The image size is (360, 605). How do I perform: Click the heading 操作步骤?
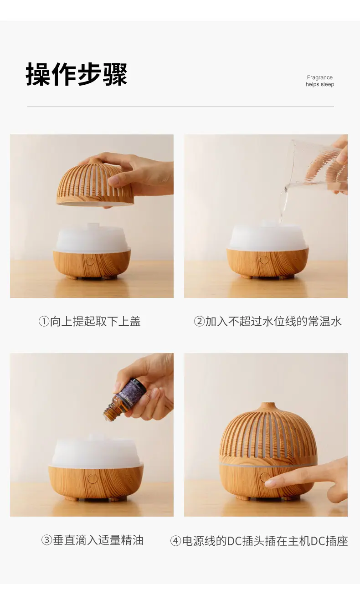click(76, 74)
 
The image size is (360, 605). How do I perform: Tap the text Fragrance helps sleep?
click(319, 81)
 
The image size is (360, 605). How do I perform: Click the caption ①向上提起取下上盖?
click(89, 322)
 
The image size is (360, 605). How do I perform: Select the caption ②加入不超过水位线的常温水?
click(267, 322)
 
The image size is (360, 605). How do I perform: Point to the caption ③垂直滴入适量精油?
click(92, 540)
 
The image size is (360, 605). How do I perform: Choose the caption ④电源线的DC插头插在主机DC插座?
click(259, 541)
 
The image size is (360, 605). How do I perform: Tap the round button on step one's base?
click(90, 261)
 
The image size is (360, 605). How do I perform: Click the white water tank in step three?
click(96, 452)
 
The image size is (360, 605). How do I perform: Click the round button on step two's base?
click(264, 260)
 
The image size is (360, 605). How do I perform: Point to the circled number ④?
click(175, 541)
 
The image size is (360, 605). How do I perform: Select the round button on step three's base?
click(93, 478)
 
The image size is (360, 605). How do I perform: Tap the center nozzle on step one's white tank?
click(93, 226)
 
